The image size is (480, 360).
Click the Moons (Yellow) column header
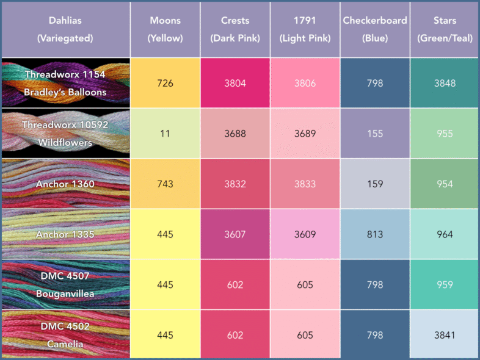click(165, 29)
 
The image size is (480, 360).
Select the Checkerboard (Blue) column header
click(375, 29)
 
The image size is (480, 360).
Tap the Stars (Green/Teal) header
click(445, 29)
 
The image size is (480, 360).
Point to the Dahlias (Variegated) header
click(65, 29)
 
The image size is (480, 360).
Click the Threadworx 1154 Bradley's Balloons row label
click(65, 83)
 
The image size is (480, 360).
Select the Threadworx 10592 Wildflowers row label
click(65, 134)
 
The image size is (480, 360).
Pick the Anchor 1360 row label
click(65, 184)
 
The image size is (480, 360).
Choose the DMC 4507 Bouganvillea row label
click(65, 284)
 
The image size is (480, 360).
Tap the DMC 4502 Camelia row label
click(65, 334)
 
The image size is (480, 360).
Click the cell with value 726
click(165, 83)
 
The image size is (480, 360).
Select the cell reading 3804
click(235, 83)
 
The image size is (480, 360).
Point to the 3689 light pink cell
click(305, 134)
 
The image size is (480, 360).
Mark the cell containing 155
click(375, 134)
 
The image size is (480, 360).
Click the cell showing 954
click(445, 184)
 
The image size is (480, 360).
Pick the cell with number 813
click(375, 234)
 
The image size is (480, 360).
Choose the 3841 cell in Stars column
click(445, 334)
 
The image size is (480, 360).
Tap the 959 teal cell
click(445, 284)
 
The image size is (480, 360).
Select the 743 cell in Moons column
click(165, 184)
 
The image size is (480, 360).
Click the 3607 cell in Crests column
click(235, 234)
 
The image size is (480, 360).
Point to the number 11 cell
click(165, 134)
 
